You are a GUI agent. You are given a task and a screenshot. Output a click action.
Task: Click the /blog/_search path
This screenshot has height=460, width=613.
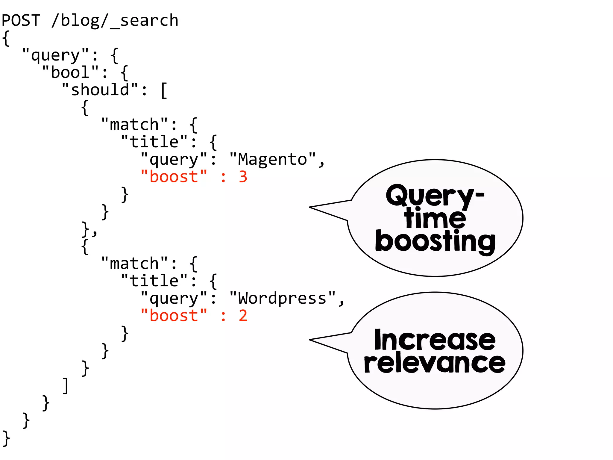click(115, 20)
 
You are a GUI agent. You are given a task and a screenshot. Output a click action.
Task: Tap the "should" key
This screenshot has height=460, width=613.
click(100, 90)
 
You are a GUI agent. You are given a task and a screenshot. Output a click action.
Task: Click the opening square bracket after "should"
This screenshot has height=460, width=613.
click(164, 90)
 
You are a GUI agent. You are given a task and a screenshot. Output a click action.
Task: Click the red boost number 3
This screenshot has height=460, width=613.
click(243, 177)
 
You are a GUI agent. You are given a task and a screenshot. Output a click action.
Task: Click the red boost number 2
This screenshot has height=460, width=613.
click(243, 316)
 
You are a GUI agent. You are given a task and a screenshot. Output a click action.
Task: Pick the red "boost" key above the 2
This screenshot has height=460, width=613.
click(174, 316)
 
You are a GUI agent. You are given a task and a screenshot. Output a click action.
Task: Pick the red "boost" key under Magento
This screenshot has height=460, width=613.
click(174, 177)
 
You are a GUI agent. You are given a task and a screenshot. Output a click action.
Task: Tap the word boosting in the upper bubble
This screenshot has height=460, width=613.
click(435, 241)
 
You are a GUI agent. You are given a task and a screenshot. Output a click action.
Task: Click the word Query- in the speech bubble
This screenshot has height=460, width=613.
click(435, 196)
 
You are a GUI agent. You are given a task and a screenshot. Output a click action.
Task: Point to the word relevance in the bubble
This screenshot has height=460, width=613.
click(435, 363)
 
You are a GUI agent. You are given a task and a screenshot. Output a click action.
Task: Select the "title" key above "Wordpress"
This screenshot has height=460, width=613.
click(154, 281)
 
